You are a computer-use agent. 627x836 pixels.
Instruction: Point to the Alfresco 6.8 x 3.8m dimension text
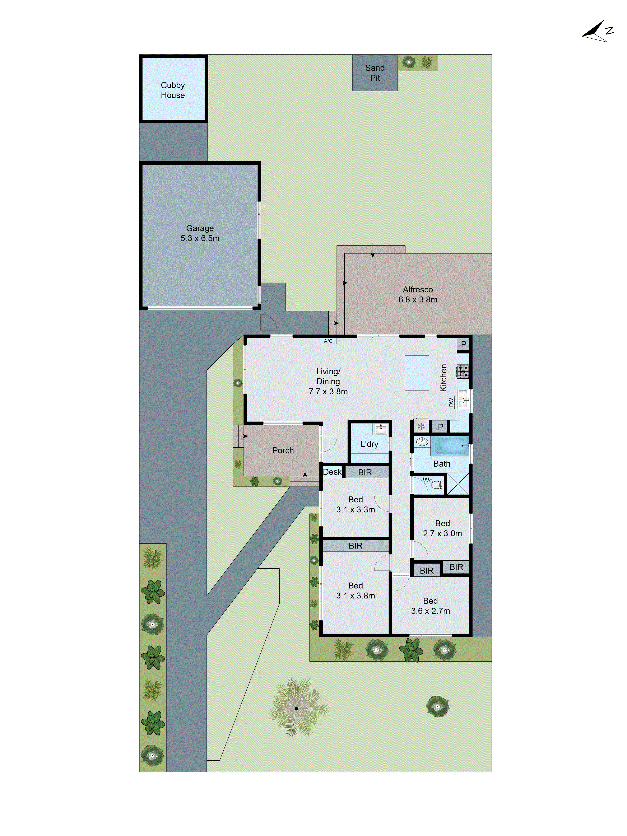click(x=418, y=299)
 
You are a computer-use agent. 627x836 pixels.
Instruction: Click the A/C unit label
click(x=328, y=341)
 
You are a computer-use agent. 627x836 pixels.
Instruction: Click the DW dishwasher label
click(x=451, y=402)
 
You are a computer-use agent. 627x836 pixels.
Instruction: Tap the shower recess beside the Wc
click(x=458, y=483)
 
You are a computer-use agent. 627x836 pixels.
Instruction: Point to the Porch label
click(x=283, y=450)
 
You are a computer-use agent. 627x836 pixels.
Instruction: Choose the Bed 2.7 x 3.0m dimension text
click(x=442, y=533)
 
